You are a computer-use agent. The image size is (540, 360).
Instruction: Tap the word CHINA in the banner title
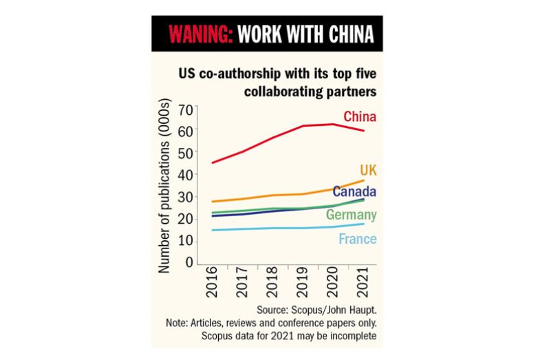[352, 33]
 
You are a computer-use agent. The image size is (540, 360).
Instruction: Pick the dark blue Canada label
[354, 192]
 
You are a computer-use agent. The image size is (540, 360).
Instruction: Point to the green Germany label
[351, 215]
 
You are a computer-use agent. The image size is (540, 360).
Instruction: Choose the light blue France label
[358, 239]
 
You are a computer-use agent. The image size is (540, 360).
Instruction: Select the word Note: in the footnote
[181, 322]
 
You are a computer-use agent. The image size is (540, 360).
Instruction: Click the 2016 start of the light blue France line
[212, 230]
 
